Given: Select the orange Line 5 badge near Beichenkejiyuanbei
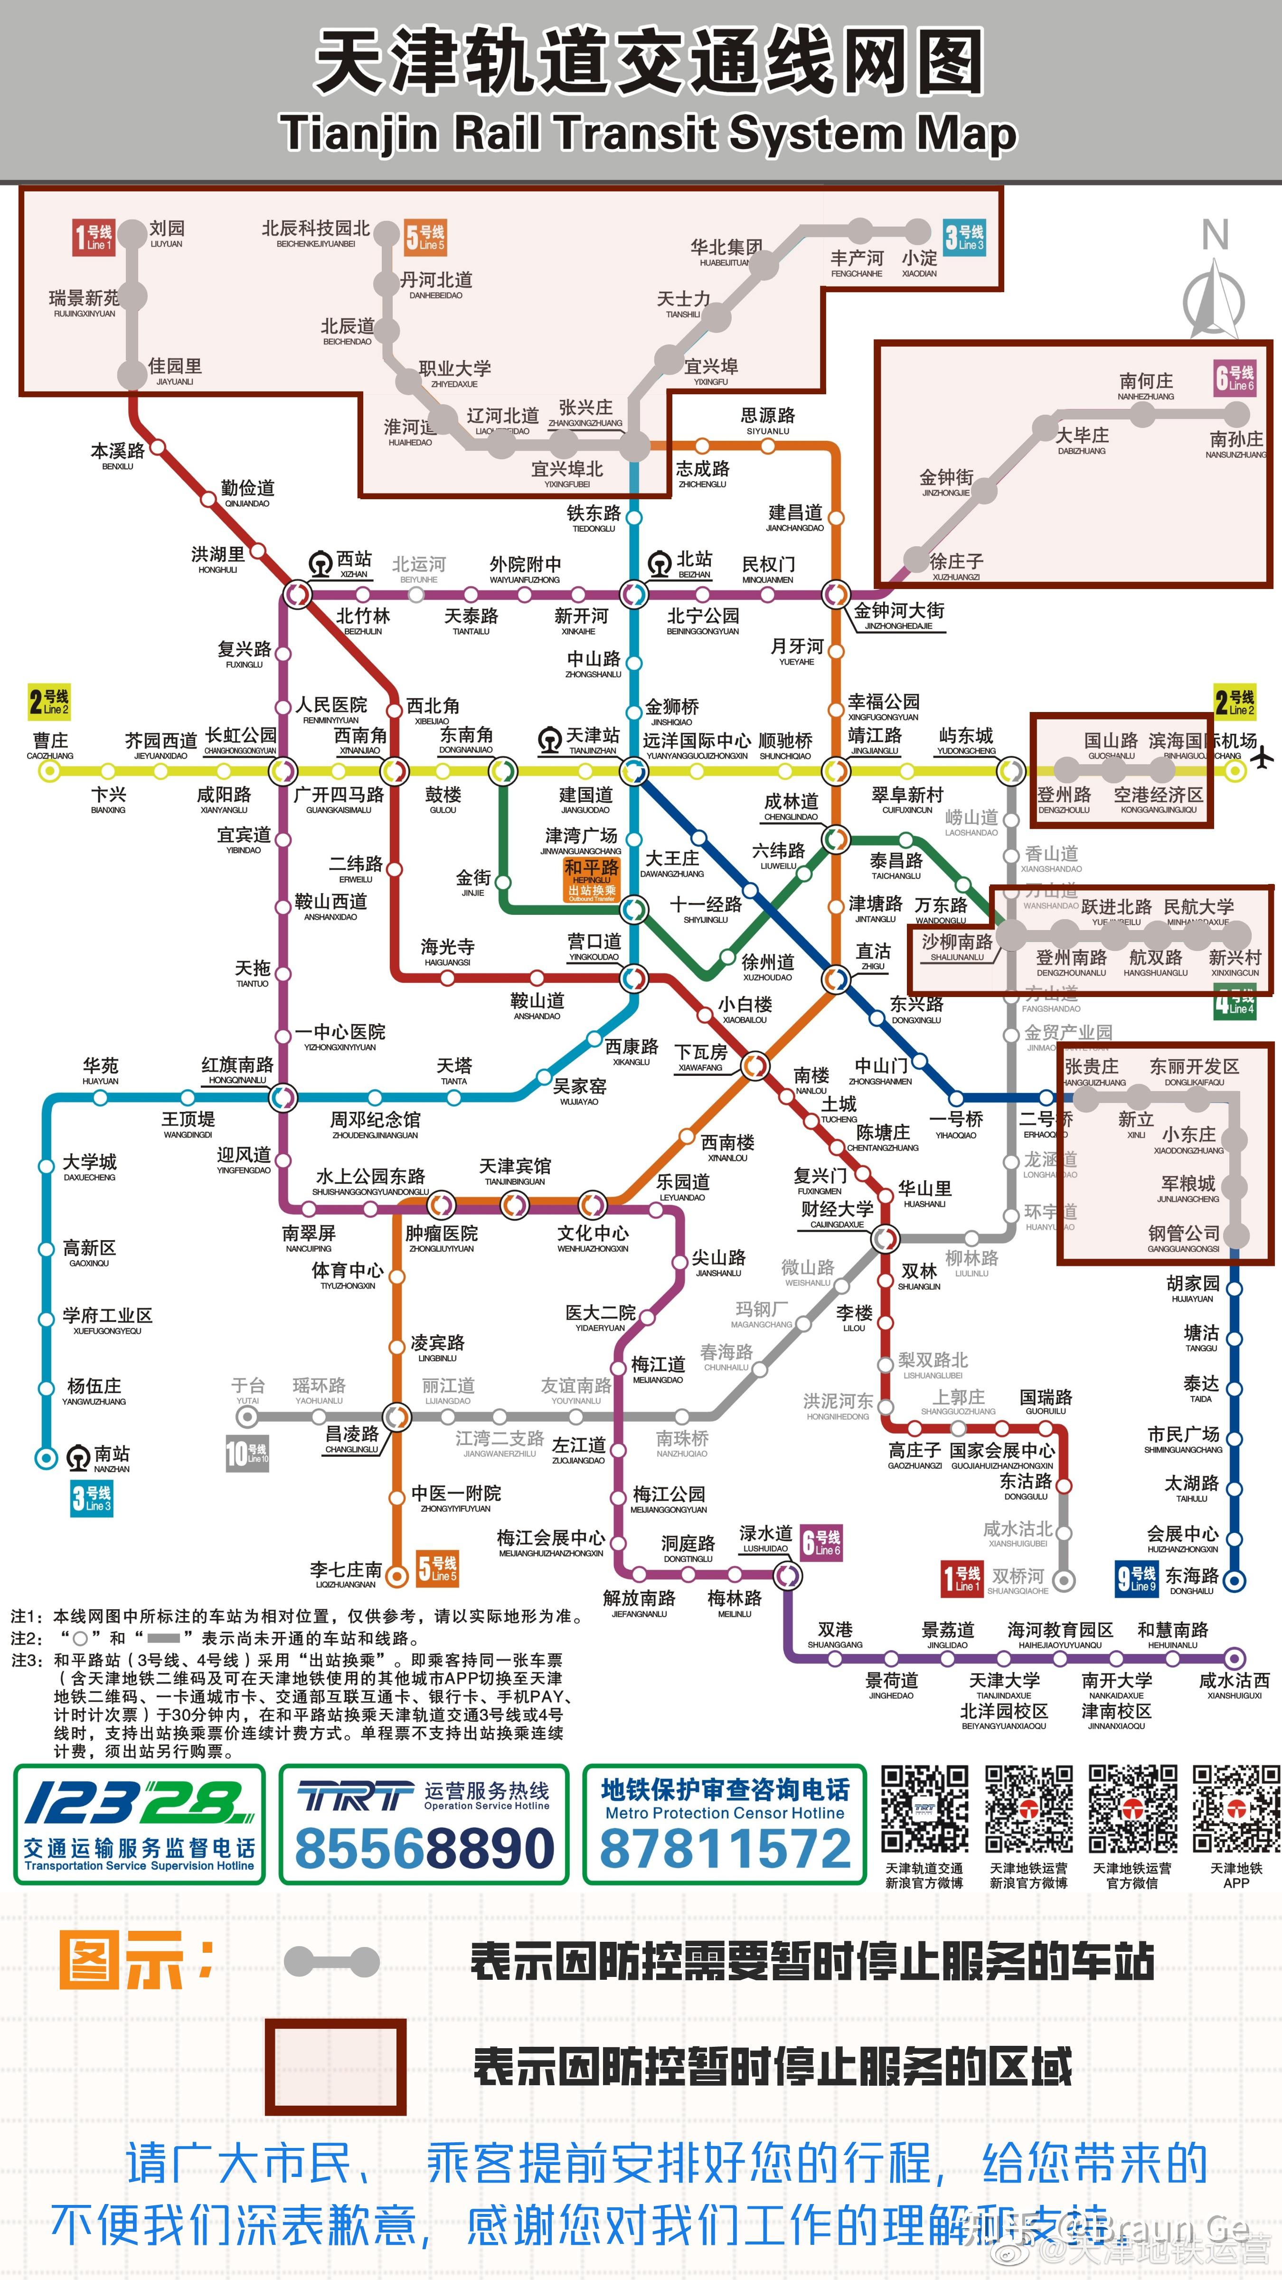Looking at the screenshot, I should pos(424,237).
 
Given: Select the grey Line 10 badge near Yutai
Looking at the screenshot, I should pos(247,1453).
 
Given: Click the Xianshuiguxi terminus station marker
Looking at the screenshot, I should pos(1235,1658).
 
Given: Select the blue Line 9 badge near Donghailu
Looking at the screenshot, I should pos(1136,1577).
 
